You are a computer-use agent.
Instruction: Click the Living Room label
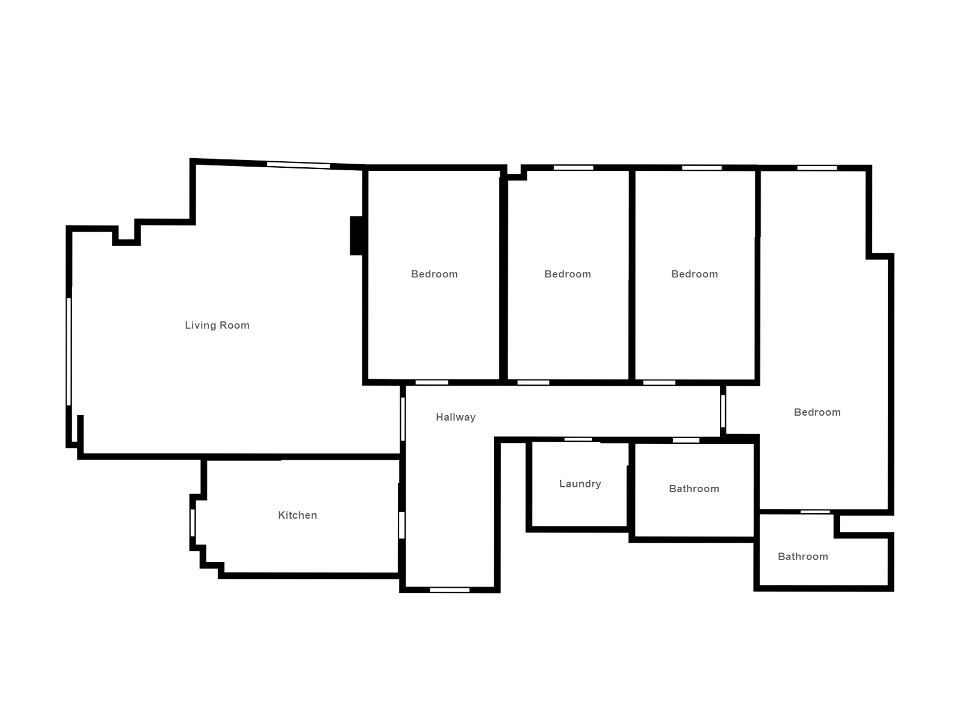tap(217, 326)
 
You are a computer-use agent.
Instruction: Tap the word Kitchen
tap(297, 515)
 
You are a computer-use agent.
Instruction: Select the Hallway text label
tap(456, 418)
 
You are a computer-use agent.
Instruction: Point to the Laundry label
tap(580, 484)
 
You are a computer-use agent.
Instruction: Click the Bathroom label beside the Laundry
tap(694, 489)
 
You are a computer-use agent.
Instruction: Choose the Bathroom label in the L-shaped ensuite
tap(803, 557)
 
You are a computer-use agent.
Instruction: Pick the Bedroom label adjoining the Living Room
tap(435, 274)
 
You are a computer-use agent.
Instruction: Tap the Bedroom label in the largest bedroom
tap(817, 413)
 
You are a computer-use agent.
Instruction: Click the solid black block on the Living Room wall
tap(356, 235)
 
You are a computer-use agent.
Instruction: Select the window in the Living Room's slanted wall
tap(299, 165)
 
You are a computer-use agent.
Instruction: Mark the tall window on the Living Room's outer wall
tap(69, 351)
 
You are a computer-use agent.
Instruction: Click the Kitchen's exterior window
tap(193, 522)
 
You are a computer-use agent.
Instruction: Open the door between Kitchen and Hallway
tap(401, 525)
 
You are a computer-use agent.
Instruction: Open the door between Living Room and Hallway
tap(403, 419)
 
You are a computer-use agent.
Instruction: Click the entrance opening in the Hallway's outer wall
tap(450, 590)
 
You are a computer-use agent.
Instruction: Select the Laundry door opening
tap(578, 439)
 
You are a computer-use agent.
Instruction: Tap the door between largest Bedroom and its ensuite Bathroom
tap(815, 511)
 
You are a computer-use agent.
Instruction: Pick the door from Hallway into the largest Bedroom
tap(723, 411)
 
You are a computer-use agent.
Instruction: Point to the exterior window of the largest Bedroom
tap(817, 168)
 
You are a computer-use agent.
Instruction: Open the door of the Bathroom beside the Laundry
tap(686, 440)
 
